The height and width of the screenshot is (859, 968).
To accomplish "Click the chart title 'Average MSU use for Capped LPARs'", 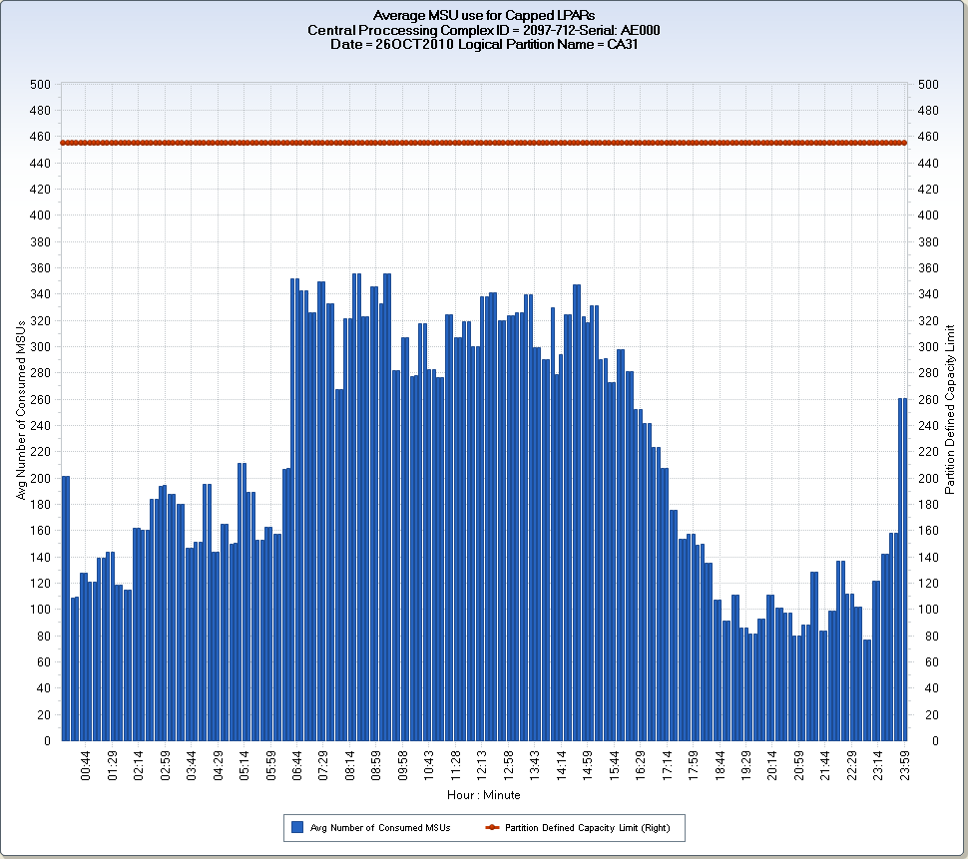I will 483,16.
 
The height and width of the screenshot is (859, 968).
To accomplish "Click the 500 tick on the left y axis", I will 39,85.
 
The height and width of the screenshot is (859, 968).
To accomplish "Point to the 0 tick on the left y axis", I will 46,741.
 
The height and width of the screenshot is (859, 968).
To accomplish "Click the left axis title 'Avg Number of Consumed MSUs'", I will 21,412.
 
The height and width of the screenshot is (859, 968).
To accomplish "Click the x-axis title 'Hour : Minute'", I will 483,795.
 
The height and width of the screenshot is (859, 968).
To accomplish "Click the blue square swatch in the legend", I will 296,828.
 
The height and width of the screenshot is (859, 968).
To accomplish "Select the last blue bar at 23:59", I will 902,569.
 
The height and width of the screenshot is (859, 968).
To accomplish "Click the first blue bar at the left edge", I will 66,609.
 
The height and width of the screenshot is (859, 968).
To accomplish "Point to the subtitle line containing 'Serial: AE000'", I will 483,30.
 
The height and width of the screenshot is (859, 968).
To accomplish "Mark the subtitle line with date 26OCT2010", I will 483,44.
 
